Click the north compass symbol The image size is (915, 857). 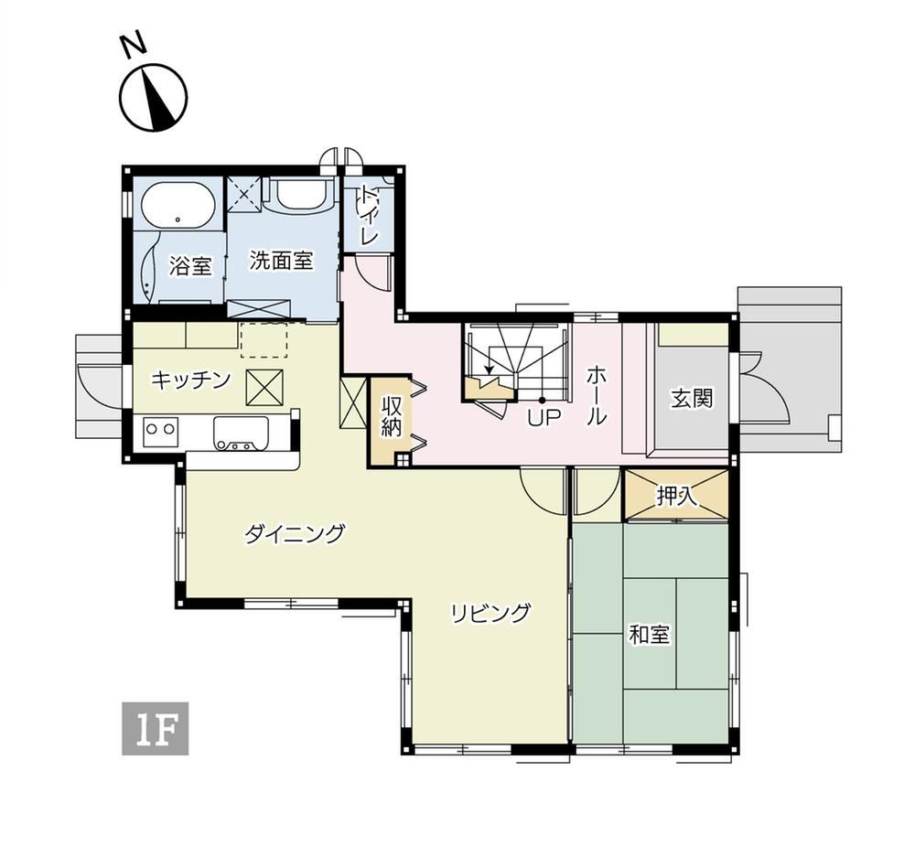point(154,96)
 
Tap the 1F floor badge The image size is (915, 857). point(156,728)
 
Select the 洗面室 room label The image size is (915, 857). point(282,260)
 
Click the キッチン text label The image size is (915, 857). point(191,380)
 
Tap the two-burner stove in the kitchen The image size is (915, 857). point(160,429)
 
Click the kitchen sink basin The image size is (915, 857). point(241,433)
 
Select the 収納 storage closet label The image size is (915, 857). point(391,417)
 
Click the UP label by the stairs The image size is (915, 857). point(544,418)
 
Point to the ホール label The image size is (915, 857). point(597,395)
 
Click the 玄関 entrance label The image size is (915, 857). point(692,399)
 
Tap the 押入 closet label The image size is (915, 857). point(677,496)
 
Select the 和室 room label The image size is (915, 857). point(649,635)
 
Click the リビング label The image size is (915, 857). point(490,613)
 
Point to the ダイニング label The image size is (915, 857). point(294,534)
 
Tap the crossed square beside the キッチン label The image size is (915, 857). point(264,388)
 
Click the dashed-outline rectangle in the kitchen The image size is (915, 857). point(264,339)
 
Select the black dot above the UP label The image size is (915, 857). point(542,401)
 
